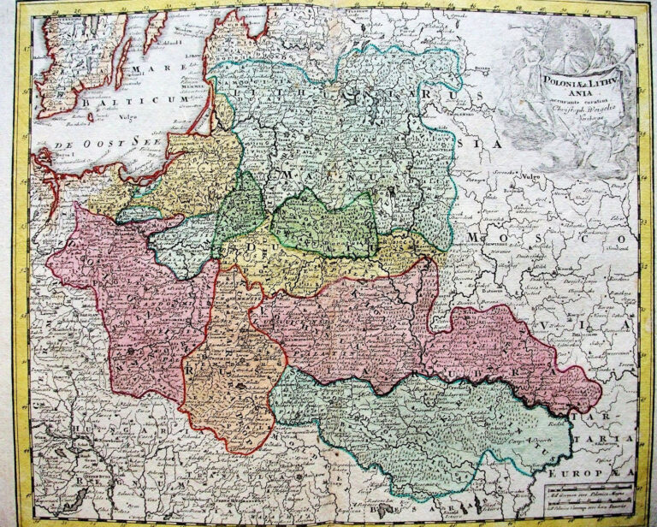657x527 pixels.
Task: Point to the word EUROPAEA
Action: (607, 471)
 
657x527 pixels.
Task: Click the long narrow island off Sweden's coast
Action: (157, 30)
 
